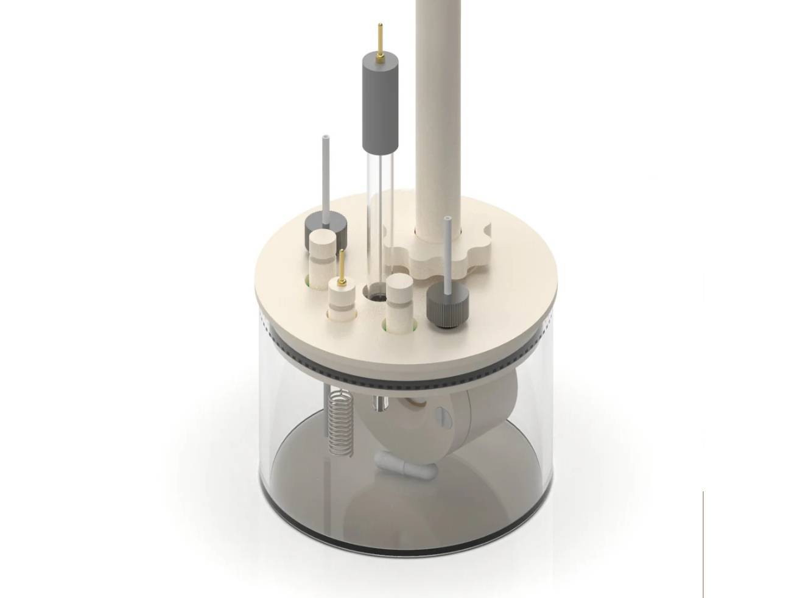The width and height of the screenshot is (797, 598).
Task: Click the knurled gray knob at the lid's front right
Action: (448, 305)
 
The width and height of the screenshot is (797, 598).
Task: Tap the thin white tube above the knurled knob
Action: (449, 250)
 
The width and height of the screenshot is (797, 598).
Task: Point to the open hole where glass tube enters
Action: (374, 295)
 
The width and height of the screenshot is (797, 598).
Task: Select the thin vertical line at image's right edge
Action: (703, 542)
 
